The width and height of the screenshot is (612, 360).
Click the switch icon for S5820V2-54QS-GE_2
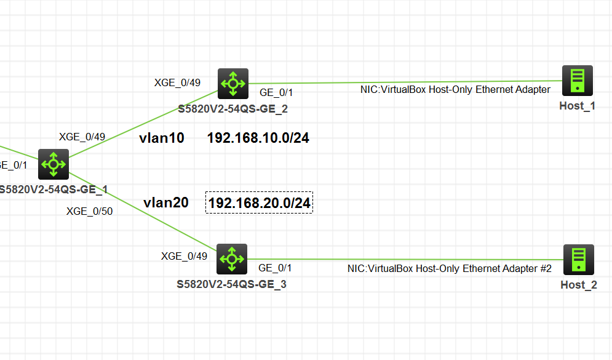[x=233, y=83]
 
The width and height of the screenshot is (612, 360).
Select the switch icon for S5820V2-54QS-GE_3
[x=232, y=259]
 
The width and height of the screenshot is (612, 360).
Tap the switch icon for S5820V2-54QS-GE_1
[x=54, y=164]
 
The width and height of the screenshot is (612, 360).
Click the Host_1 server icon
[x=577, y=81]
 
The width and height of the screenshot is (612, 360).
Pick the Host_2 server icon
[x=578, y=260]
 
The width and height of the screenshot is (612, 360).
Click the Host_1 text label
[x=577, y=106]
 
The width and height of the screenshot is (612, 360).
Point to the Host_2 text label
[x=578, y=285]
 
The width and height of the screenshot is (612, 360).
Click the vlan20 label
[x=165, y=202]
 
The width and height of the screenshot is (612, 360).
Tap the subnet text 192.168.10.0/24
[x=258, y=138]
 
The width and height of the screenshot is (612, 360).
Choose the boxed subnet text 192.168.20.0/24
[x=259, y=202]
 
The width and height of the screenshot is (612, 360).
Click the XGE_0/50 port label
[x=89, y=211]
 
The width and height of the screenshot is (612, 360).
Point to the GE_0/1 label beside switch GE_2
[x=276, y=92]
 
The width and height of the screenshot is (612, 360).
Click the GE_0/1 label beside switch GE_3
[x=275, y=268]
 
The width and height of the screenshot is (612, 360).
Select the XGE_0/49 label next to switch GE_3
[x=184, y=256]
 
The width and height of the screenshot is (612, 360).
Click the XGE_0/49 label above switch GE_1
[x=82, y=137]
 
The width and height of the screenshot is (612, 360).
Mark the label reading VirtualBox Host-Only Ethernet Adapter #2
[x=449, y=268]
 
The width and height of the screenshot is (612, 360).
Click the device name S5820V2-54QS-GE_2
[x=232, y=109]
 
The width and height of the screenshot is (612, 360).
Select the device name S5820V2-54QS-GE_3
[x=231, y=284]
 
